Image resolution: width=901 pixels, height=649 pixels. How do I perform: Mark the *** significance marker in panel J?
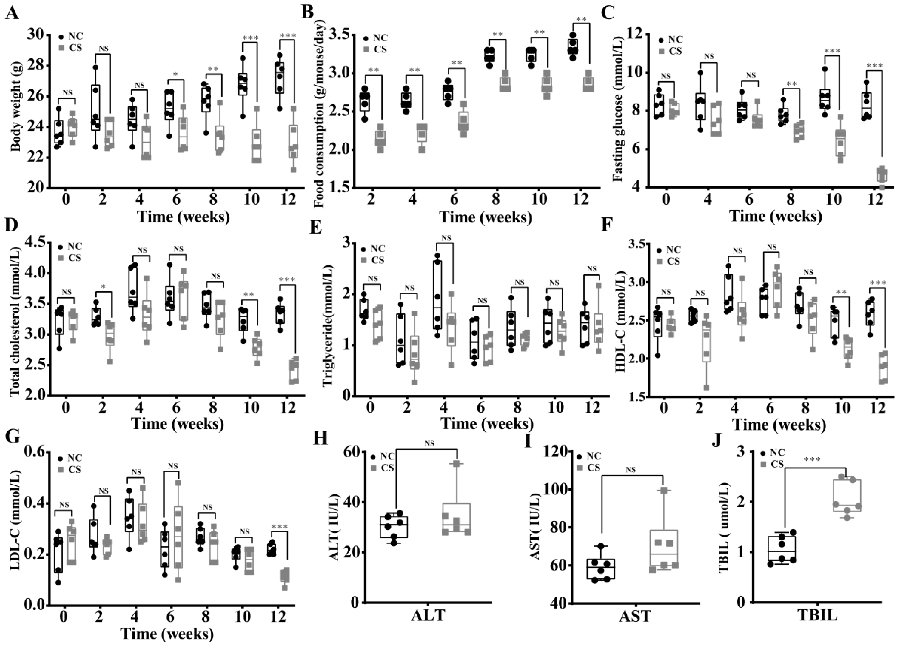point(812,460)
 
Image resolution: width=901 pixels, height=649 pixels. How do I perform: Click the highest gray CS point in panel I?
point(663,491)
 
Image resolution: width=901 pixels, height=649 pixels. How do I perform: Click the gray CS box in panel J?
point(847,496)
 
